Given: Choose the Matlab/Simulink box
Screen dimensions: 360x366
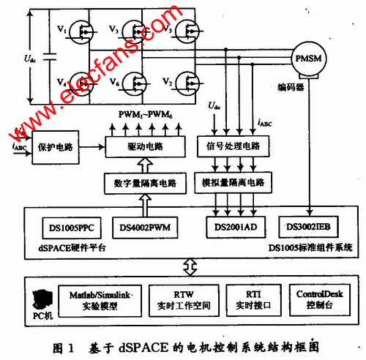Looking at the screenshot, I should [101, 299].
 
